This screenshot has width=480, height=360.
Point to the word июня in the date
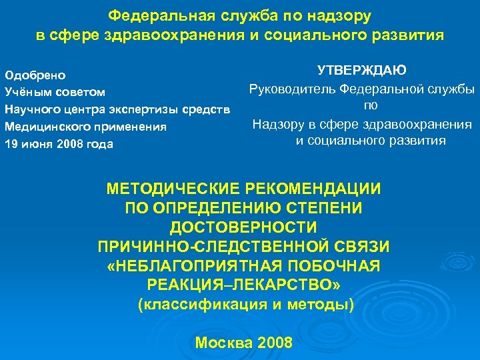tap(38, 144)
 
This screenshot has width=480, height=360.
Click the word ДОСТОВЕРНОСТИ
tap(244, 227)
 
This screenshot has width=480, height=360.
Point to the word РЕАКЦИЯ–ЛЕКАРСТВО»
tap(244, 285)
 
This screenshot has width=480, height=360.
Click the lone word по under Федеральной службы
tap(371, 105)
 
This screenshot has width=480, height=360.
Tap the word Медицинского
tap(44, 127)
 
